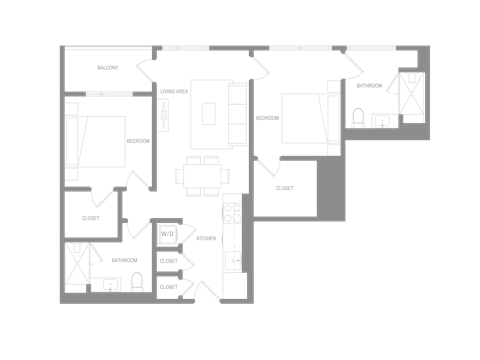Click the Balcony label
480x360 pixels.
tap(109, 68)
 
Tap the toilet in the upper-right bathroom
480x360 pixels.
tap(357, 117)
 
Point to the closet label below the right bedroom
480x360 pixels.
tap(284, 187)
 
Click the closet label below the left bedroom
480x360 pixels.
tap(91, 217)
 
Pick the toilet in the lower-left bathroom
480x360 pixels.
tap(138, 282)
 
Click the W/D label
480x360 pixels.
tap(167, 236)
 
